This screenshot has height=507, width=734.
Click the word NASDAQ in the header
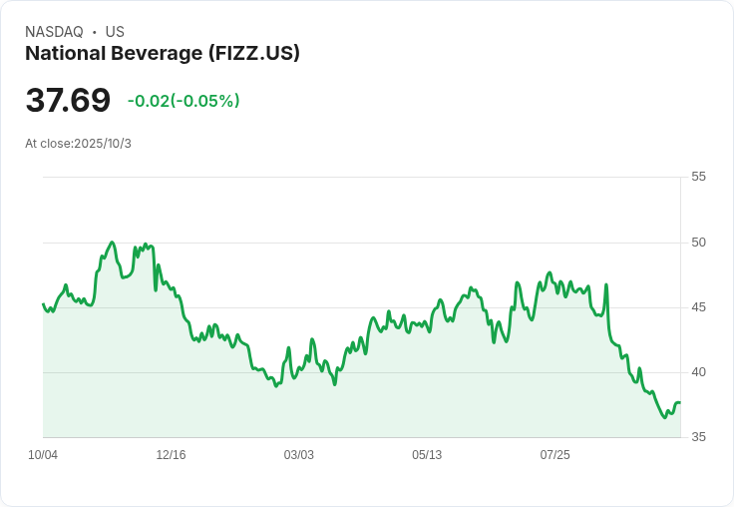tap(54, 32)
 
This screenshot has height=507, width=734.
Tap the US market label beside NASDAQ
tap(115, 32)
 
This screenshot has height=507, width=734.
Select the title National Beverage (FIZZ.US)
tap(163, 54)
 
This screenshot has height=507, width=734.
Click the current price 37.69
tap(68, 101)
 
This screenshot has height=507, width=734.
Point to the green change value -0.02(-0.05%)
tap(183, 101)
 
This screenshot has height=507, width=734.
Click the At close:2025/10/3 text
tap(78, 144)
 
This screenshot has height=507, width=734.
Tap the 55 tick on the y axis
tap(698, 177)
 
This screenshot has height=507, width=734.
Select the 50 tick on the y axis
tap(698, 243)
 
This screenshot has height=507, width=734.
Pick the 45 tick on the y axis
tap(698, 307)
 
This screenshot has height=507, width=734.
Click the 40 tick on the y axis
tap(698, 372)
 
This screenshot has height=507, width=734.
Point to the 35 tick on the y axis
tap(698, 437)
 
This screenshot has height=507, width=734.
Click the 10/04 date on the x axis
tap(43, 455)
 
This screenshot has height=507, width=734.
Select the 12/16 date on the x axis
tap(171, 455)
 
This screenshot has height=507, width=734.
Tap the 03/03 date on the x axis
tap(298, 455)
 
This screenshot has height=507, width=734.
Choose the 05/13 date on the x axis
tap(427, 455)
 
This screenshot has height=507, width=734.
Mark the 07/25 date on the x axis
tap(554, 455)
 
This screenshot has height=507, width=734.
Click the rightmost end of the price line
tap(680, 402)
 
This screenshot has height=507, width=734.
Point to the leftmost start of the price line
tap(43, 304)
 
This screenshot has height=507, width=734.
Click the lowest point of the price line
tap(665, 417)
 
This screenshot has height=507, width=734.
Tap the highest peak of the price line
tap(112, 243)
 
